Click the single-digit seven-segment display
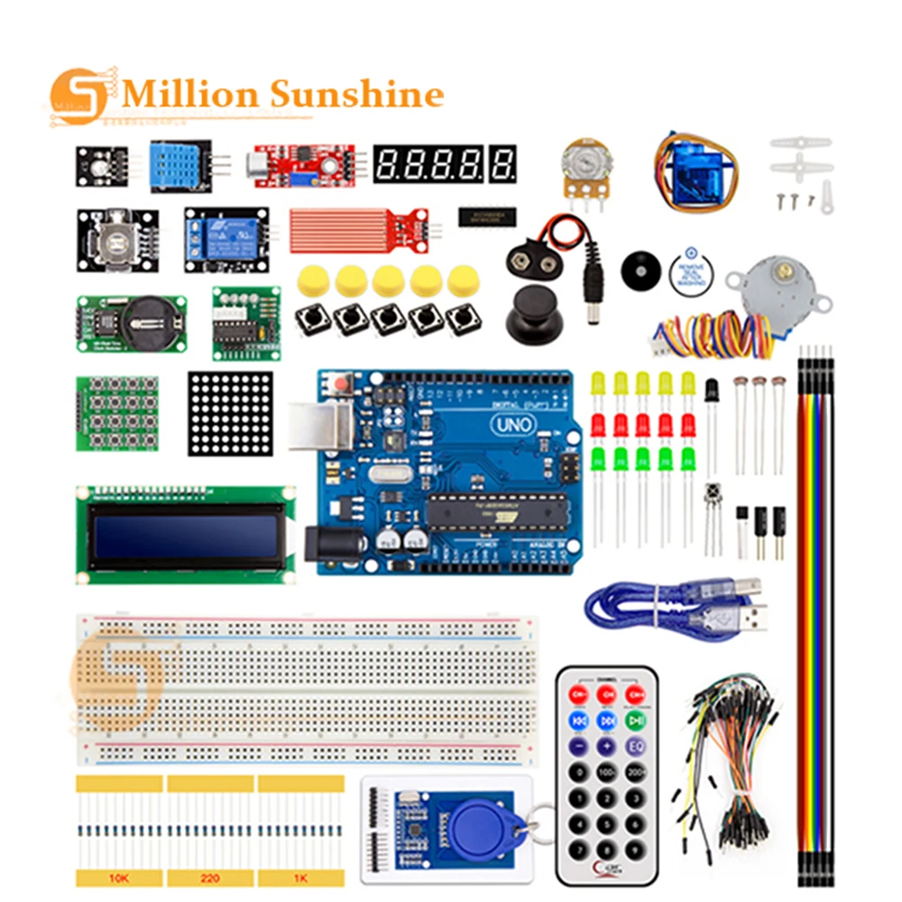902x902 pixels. [x=504, y=163]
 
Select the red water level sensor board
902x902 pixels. [x=352, y=227]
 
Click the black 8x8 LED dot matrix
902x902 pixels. [x=230, y=413]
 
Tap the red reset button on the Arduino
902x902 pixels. [x=344, y=385]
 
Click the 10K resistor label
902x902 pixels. [x=119, y=877]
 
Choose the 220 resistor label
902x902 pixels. [x=209, y=877]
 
